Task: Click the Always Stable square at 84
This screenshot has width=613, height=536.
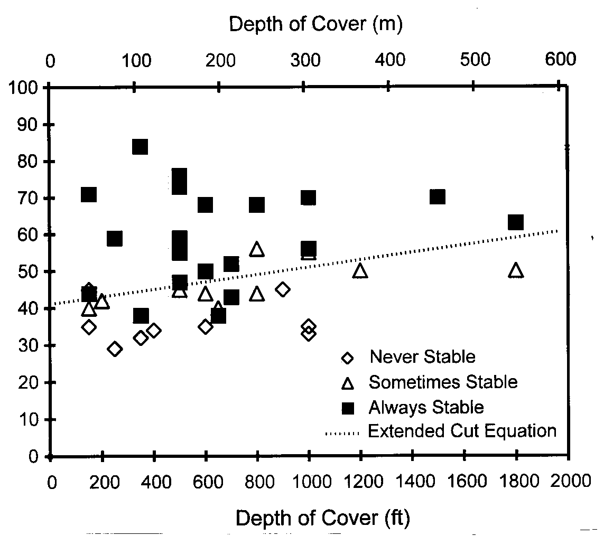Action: [140, 147]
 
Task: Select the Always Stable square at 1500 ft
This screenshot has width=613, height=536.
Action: [438, 197]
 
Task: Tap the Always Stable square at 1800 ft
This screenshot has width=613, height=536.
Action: [516, 222]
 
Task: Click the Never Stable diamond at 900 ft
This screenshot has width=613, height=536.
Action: [283, 289]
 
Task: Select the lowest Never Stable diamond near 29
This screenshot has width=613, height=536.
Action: [115, 349]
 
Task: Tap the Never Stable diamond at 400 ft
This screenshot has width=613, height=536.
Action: [154, 331]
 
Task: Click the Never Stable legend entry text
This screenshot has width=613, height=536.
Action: [422, 356]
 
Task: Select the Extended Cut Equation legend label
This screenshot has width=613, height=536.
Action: [462, 431]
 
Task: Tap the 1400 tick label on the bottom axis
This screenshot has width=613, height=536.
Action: [412, 482]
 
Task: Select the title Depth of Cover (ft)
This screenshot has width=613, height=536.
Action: [322, 519]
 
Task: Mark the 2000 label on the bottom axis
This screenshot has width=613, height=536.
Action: [569, 482]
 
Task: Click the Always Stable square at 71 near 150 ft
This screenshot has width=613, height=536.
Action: [89, 194]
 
